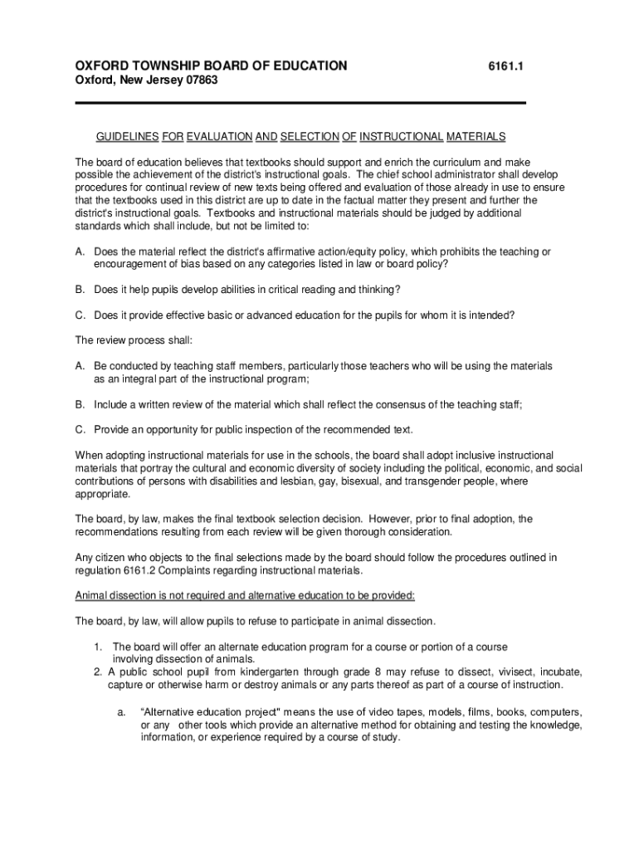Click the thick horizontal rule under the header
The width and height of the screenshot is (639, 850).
pyautogui.click(x=301, y=103)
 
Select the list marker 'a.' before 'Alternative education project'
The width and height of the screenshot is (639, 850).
pyautogui.click(x=121, y=712)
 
